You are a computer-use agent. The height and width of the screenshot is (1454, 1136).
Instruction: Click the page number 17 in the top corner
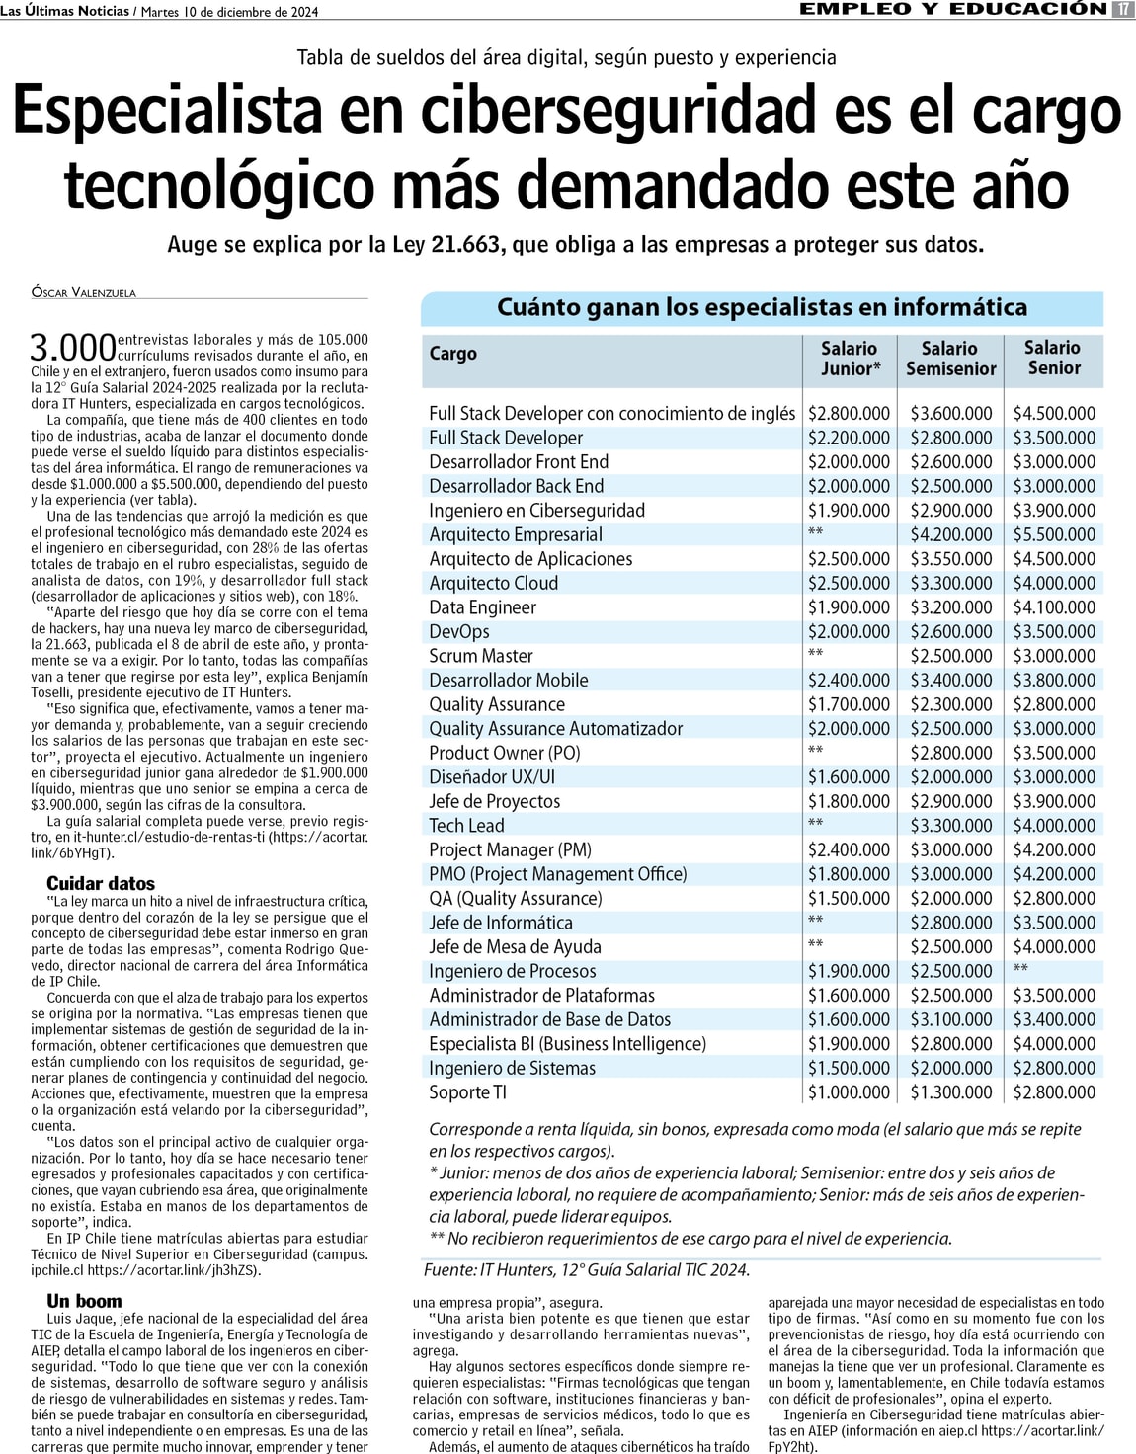pos(1122,10)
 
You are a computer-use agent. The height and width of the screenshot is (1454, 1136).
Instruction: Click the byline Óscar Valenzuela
pos(84,293)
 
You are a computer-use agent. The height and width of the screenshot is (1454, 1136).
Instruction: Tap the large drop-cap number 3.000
pos(73,348)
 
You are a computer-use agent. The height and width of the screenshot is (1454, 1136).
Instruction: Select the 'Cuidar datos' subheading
pos(101,883)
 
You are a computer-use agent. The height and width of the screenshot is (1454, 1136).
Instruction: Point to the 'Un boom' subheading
pos(84,1301)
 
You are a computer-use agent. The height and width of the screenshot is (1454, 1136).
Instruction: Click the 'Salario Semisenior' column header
pos(950,359)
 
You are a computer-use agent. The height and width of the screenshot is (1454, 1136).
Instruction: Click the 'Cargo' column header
pos(453,354)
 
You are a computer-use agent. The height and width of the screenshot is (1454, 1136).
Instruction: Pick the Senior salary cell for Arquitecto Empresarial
pos(1054,534)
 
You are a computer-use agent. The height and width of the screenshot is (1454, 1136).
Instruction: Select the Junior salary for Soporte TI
pos(849,1091)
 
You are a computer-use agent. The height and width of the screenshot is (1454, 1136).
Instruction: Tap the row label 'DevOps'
pos(459,631)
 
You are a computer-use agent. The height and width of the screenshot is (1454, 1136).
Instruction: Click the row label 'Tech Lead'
pos(466,825)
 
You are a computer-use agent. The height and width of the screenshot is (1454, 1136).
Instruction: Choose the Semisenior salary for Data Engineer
pos(951,607)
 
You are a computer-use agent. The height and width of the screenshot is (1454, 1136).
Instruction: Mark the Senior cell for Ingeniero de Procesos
pos(1020,970)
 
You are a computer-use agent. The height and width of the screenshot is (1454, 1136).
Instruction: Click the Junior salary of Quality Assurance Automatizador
pos(849,728)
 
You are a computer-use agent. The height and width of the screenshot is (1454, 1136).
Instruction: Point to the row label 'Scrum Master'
pos(481,656)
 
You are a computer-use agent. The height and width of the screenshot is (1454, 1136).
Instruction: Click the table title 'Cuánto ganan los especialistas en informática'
pos(762,307)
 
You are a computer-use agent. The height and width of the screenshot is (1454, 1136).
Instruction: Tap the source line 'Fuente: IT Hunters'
pos(587,1270)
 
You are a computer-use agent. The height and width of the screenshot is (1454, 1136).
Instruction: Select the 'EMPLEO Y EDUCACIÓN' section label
pos(952,10)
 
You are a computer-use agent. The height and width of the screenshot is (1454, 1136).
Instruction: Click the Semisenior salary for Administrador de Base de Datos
pos(951,1019)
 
